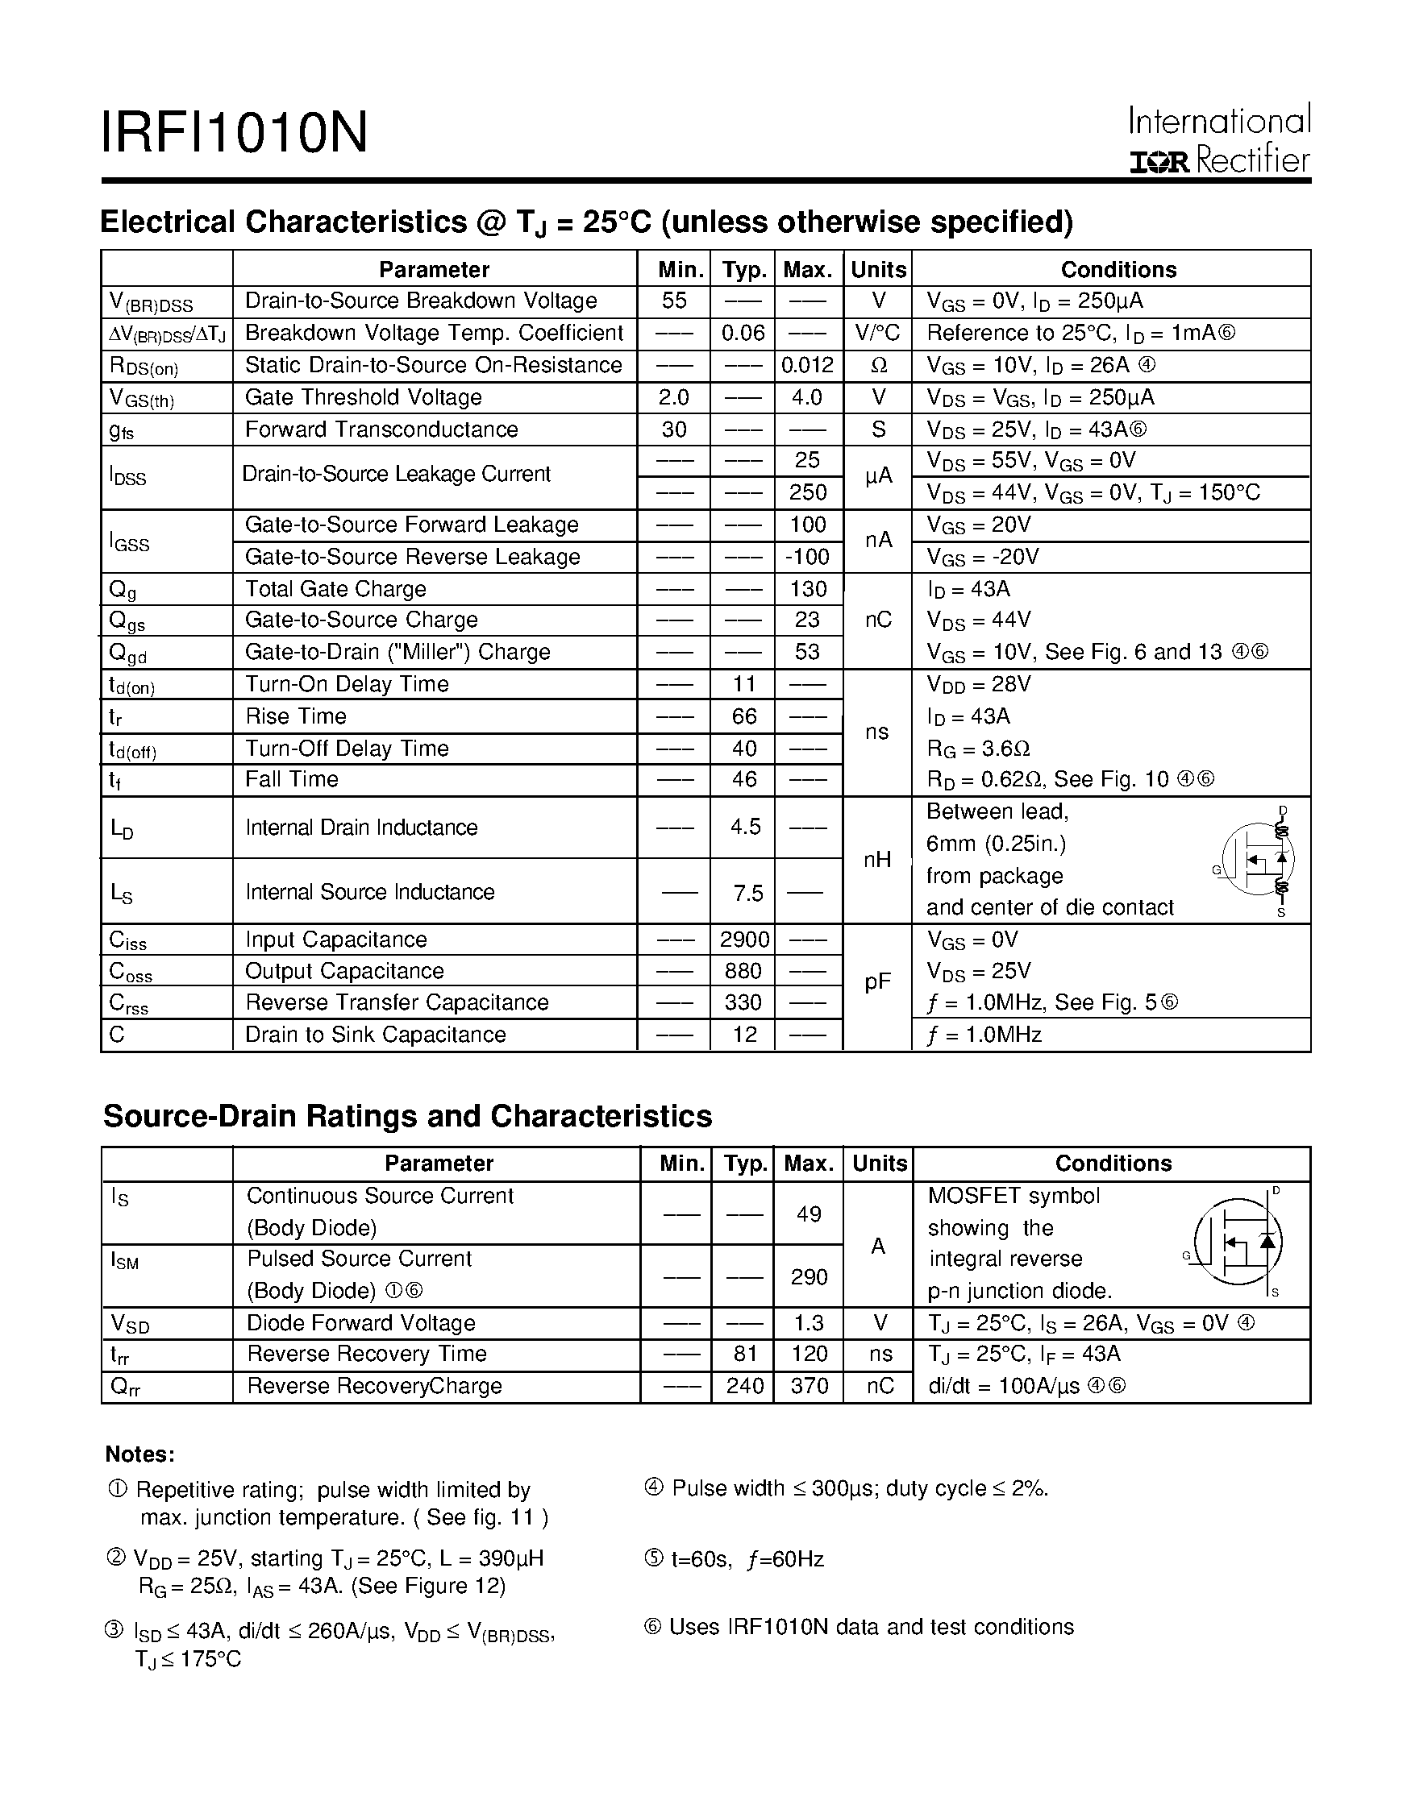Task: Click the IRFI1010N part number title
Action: click(234, 133)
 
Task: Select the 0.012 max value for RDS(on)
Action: click(807, 365)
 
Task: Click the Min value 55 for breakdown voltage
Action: click(673, 301)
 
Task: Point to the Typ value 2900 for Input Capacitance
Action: click(744, 940)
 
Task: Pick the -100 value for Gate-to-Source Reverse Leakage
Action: click(807, 557)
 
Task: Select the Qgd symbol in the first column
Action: click(128, 653)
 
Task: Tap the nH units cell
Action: click(877, 860)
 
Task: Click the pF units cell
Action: click(877, 983)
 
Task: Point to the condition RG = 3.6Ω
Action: click(978, 749)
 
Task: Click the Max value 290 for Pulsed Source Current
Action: click(808, 1276)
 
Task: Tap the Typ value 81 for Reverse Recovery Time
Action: click(745, 1354)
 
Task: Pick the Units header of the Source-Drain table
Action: click(879, 1164)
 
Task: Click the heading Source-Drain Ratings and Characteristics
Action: click(407, 1117)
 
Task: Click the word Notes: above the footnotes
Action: click(139, 1454)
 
